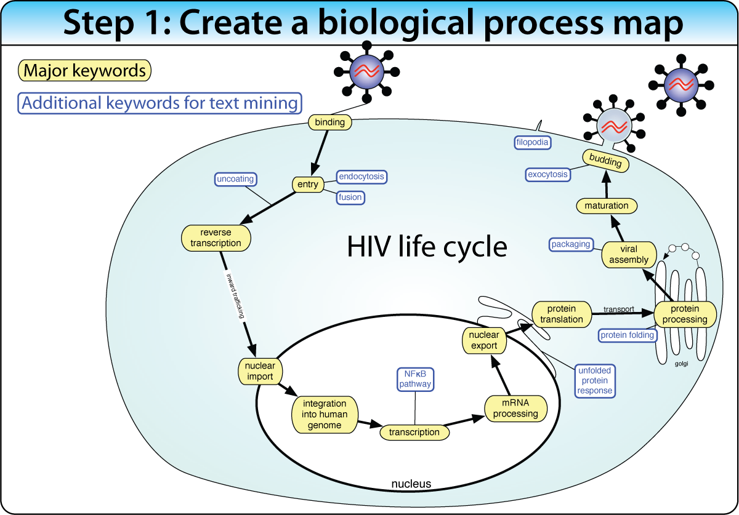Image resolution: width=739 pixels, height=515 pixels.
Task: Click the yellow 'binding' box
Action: click(329, 122)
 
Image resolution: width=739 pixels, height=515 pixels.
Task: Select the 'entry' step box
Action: click(308, 184)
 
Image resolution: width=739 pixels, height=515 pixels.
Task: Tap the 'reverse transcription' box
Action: click(216, 238)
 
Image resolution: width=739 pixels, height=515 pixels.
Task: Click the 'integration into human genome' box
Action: click(324, 414)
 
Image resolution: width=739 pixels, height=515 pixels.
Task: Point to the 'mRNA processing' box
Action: click(515, 409)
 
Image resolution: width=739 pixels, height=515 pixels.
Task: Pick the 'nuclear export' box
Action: click(484, 340)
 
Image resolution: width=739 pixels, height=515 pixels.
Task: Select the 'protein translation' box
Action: click(562, 314)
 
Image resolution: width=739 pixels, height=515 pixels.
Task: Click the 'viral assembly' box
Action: click(629, 255)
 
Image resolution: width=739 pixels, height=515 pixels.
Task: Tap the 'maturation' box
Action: click(607, 206)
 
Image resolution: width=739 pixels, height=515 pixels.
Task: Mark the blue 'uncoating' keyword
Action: click(235, 180)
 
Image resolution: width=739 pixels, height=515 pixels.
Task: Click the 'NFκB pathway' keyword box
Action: click(414, 378)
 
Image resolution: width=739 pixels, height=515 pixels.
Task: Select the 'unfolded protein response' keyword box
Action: click(595, 380)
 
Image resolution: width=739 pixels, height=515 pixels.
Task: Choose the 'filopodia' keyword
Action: click(532, 143)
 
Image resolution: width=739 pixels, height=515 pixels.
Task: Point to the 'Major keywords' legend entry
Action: click(85, 71)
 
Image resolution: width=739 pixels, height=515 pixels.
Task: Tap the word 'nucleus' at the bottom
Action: click(411, 484)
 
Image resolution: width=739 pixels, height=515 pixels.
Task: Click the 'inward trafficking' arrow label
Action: click(236, 295)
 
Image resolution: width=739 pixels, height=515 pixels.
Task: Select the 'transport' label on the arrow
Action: click(618, 309)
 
